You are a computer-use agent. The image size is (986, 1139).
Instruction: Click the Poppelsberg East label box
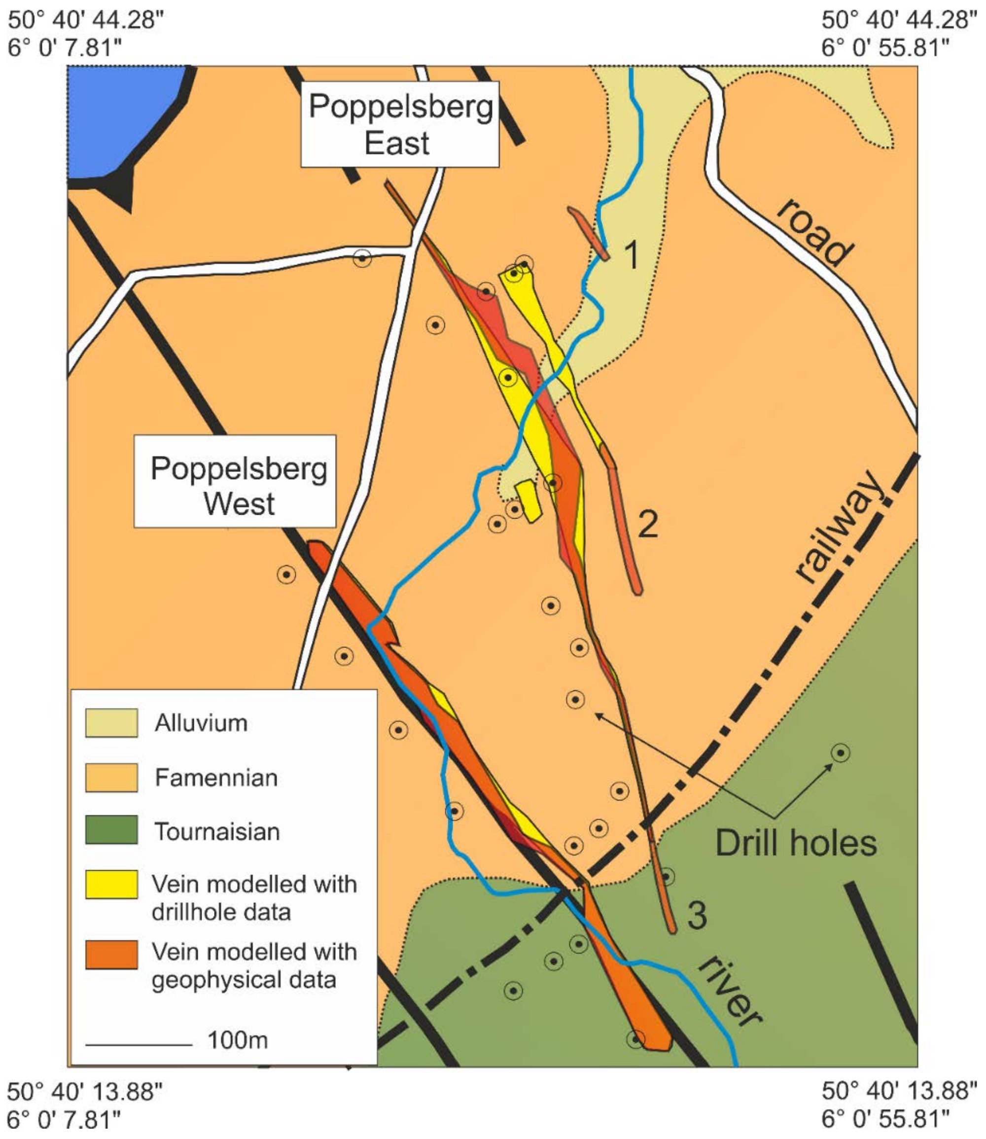click(x=400, y=124)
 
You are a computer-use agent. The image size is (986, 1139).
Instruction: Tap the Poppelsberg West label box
click(x=235, y=481)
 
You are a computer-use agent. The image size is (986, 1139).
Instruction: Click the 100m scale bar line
click(x=139, y=1044)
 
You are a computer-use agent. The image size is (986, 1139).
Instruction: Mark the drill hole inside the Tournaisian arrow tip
click(x=840, y=753)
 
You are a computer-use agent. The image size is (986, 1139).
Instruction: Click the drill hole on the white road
click(x=361, y=257)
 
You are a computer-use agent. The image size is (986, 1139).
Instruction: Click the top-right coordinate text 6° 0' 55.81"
click(x=885, y=48)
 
